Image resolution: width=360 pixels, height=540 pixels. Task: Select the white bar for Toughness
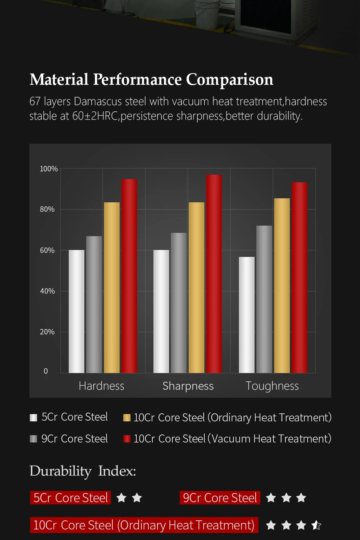pyautogui.click(x=247, y=315)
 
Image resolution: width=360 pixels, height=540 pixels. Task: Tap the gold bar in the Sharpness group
pyautogui.click(x=196, y=287)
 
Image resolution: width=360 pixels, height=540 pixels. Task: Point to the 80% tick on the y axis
pyautogui.click(x=47, y=209)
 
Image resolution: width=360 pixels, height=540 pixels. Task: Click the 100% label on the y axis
pyautogui.click(x=49, y=169)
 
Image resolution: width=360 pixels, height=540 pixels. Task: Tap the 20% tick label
pyautogui.click(x=47, y=332)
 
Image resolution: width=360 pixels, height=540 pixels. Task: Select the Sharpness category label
pyautogui.click(x=188, y=386)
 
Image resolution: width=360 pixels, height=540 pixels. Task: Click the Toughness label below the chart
pyautogui.click(x=272, y=386)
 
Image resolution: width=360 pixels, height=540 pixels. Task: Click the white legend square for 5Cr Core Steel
pyautogui.click(x=33, y=417)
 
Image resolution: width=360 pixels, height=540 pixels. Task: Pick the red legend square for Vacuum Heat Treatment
pyautogui.click(x=127, y=439)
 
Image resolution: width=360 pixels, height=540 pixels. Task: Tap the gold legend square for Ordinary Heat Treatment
pyautogui.click(x=127, y=418)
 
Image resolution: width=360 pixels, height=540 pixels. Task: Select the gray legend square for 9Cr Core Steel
pyautogui.click(x=33, y=439)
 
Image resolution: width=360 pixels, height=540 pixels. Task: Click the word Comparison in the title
pyautogui.click(x=229, y=79)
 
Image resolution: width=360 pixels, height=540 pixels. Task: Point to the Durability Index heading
pyautogui.click(x=83, y=471)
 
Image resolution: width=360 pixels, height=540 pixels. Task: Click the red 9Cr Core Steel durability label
pyautogui.click(x=220, y=498)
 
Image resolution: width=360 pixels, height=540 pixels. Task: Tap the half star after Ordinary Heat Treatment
pyautogui.click(x=316, y=525)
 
